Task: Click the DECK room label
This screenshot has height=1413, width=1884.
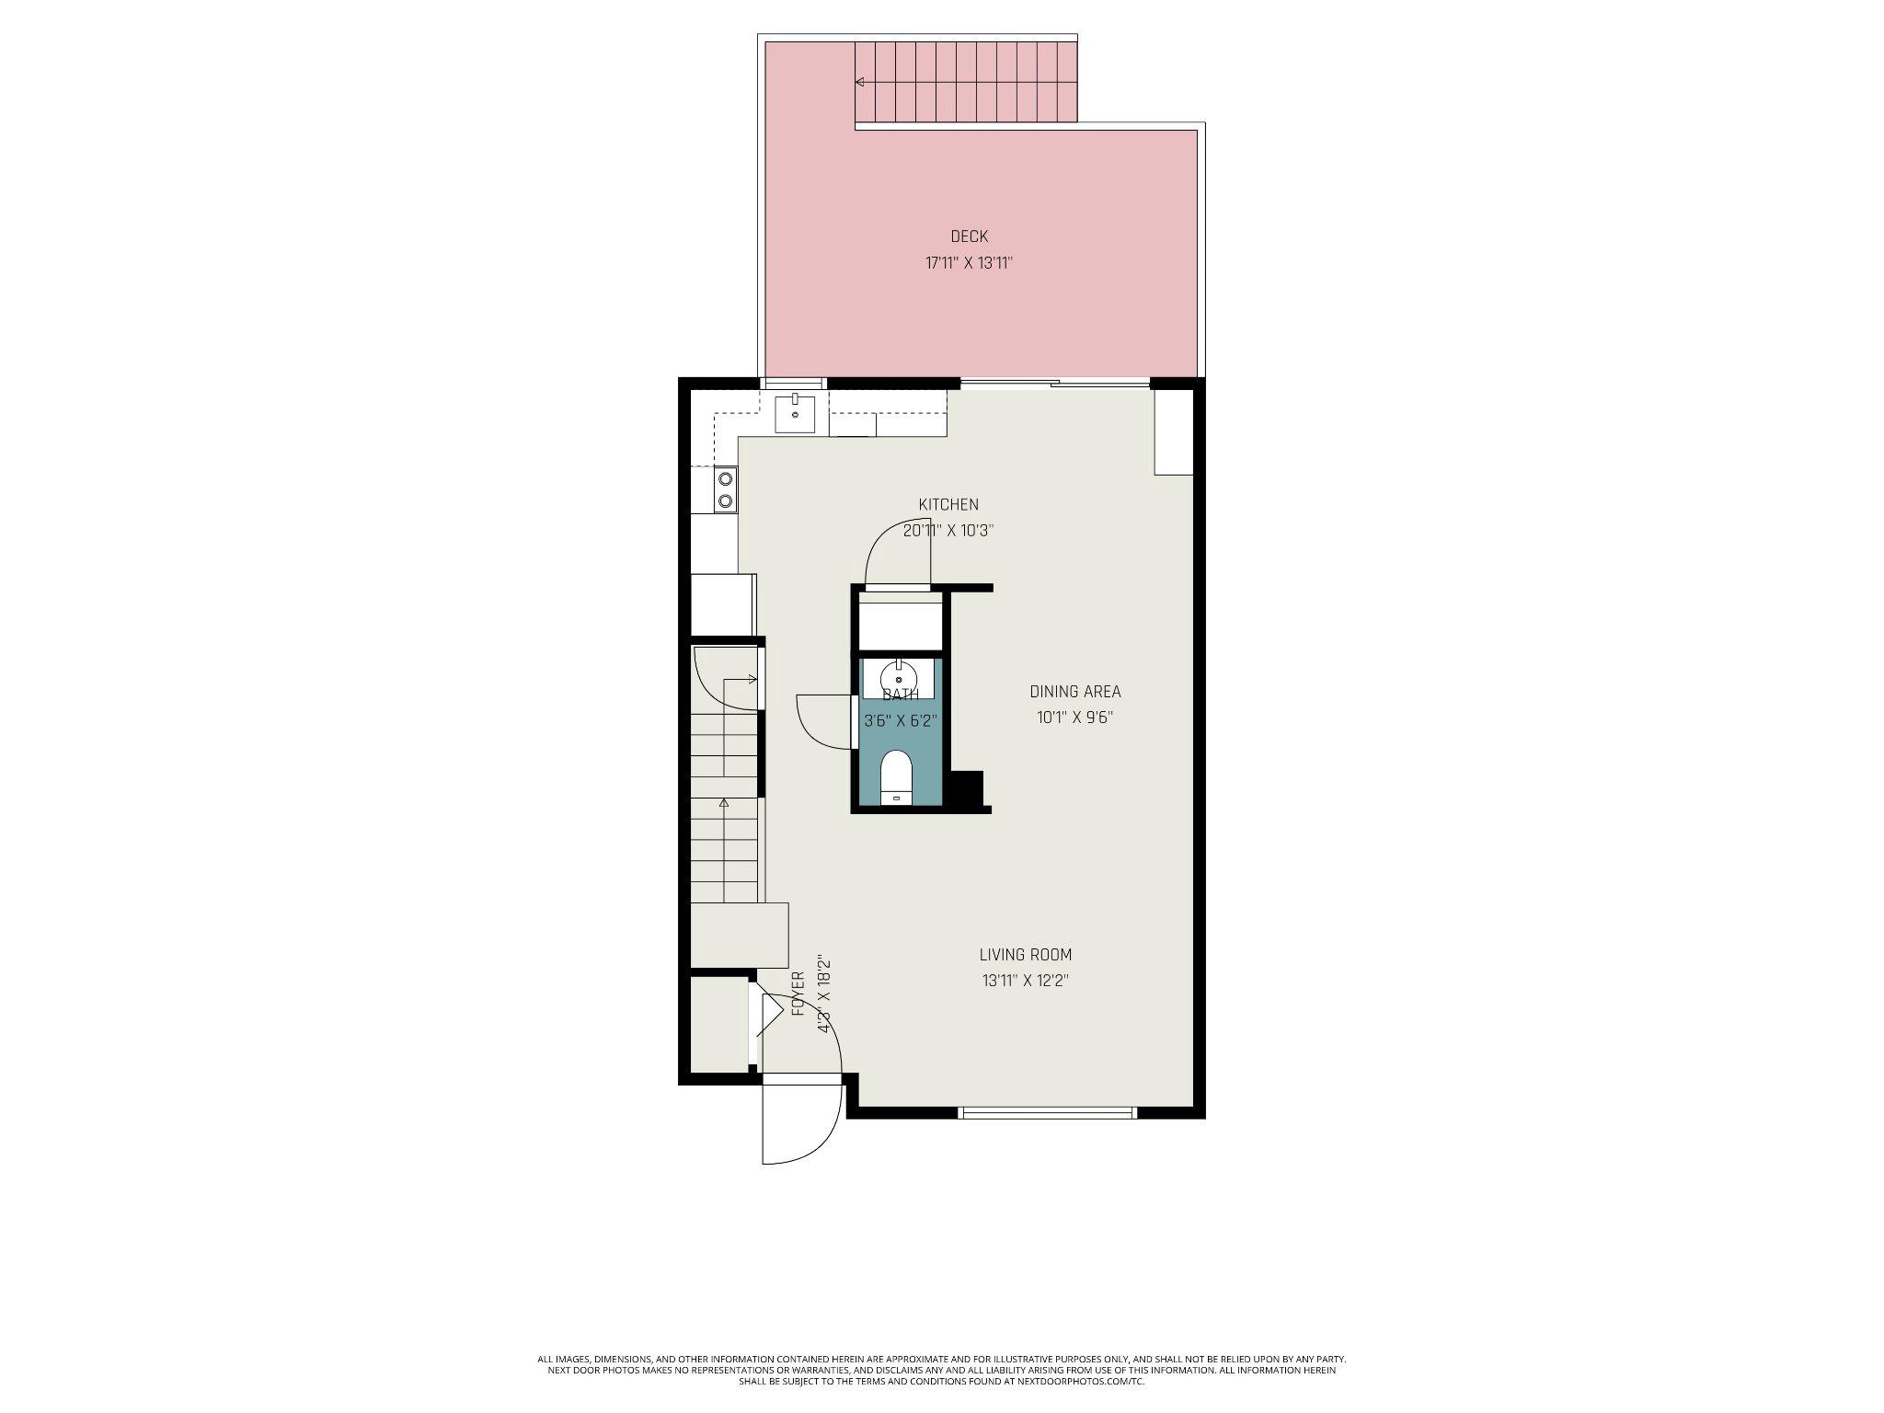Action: tap(969, 236)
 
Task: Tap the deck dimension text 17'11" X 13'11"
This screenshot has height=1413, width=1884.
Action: tap(969, 263)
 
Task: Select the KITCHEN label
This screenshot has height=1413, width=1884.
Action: tap(948, 504)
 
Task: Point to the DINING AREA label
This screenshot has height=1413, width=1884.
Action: tap(1074, 692)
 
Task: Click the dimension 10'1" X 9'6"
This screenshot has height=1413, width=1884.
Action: tap(1074, 718)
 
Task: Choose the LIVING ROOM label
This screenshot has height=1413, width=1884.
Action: tap(1025, 955)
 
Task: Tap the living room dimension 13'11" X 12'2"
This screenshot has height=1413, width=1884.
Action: tap(1025, 981)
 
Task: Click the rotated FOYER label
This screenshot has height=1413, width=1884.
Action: tap(798, 994)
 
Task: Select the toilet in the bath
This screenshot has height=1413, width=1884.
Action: tap(896, 777)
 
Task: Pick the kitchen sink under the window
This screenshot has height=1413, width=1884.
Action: tap(794, 413)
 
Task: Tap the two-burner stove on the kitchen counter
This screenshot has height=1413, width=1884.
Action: tap(726, 489)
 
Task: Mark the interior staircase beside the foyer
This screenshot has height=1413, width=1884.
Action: tap(726, 810)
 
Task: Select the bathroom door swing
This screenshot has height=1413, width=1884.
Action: tap(821, 722)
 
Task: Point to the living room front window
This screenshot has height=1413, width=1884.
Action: tap(1047, 1112)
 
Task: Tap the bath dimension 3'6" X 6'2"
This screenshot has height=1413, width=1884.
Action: tap(900, 721)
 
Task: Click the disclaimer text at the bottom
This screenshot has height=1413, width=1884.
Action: tap(941, 1370)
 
